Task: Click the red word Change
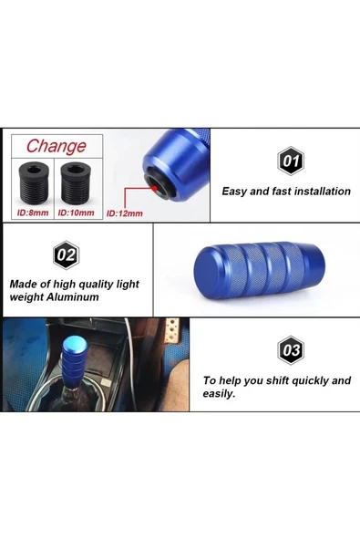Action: tap(57, 146)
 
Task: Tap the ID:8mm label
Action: tap(33, 213)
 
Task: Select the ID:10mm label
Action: tap(76, 213)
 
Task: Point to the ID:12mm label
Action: tap(125, 213)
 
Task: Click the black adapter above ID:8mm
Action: tap(32, 182)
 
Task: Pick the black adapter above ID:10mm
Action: tap(76, 182)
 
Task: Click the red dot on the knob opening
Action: tap(155, 189)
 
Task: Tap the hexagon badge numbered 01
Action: tap(291, 161)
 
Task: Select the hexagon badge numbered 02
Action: tap(67, 255)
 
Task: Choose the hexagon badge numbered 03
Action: tap(291, 350)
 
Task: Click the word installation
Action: tap(323, 192)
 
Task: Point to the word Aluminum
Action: tap(73, 296)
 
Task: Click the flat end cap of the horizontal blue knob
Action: tap(204, 271)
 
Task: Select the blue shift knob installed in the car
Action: tap(75, 361)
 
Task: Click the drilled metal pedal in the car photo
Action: tap(172, 330)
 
